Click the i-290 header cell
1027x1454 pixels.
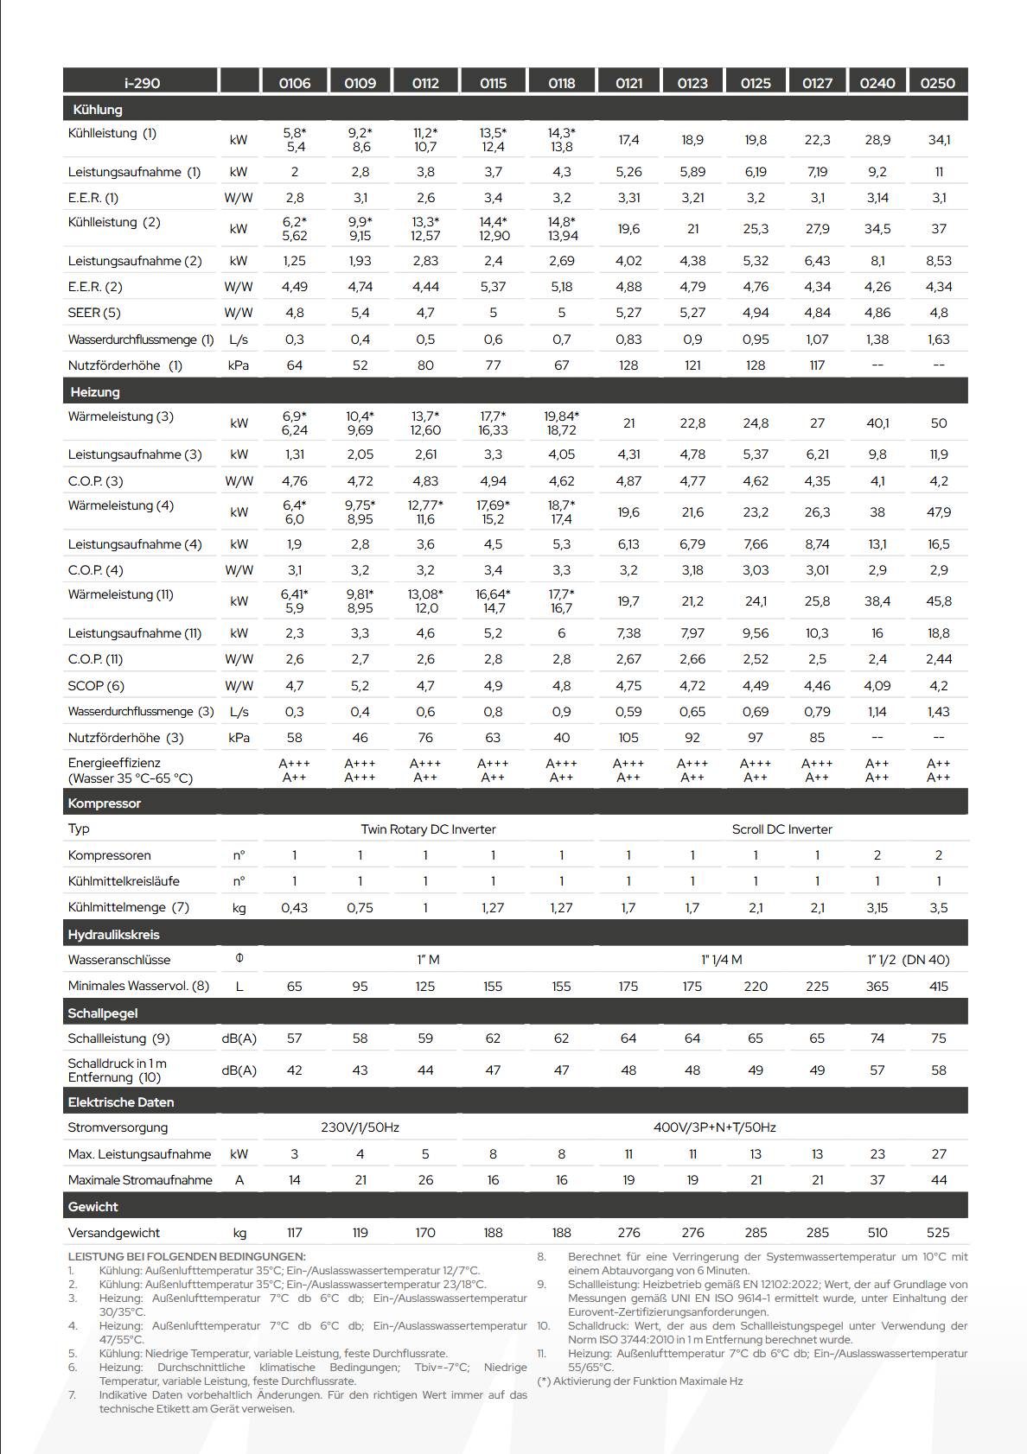[142, 83]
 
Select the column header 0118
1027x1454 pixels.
[561, 83]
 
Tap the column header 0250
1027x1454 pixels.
[937, 83]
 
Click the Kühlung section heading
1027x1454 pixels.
[98, 110]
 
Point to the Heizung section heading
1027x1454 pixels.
[95, 392]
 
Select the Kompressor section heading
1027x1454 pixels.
[104, 803]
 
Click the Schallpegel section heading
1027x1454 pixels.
[102, 1013]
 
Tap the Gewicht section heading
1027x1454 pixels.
[92, 1207]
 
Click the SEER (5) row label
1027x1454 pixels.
[94, 313]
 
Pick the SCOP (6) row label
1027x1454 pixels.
[96, 686]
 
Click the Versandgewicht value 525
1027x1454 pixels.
[938, 1233]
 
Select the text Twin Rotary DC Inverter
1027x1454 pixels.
[428, 829]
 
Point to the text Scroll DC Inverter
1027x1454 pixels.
[781, 829]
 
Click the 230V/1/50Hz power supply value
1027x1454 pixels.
[360, 1127]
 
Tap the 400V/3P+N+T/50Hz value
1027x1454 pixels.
[714, 1127]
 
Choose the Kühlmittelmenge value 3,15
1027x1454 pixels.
[877, 908]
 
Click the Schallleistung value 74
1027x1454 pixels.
[877, 1038]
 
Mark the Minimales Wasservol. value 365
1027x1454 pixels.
[877, 987]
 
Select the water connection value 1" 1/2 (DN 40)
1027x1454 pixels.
[908, 960]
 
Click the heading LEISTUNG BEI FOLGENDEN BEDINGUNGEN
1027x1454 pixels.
[187, 1256]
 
